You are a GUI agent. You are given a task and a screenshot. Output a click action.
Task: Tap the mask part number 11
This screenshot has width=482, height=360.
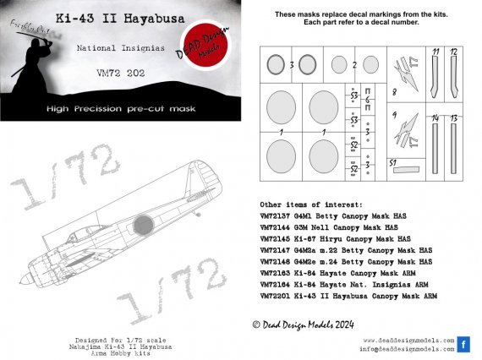tap(435, 52)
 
